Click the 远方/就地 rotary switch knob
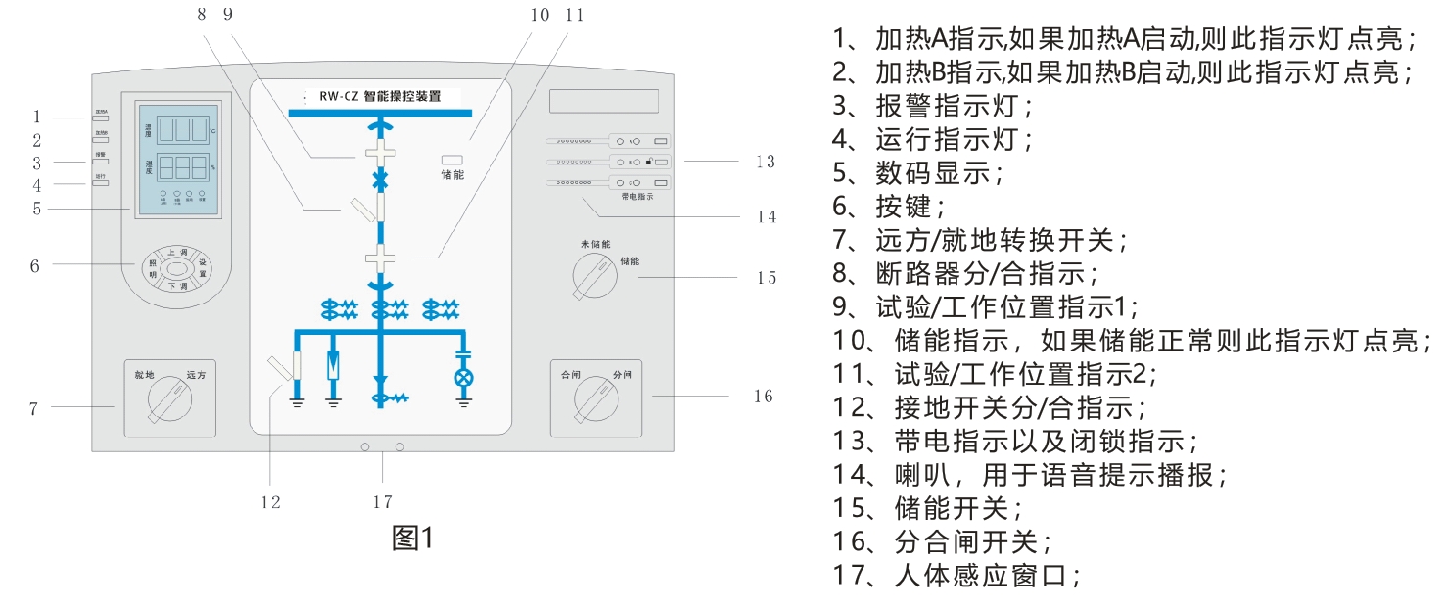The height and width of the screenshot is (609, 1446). pyautogui.click(x=168, y=401)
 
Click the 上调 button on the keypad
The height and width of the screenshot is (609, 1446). pyautogui.click(x=177, y=253)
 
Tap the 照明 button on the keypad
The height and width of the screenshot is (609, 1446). pyautogui.click(x=153, y=269)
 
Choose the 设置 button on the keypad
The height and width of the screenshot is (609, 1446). pyautogui.click(x=203, y=269)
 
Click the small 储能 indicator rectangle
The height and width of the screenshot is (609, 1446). pyautogui.click(x=451, y=160)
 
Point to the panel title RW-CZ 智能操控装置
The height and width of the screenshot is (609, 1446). pyautogui.click(x=380, y=97)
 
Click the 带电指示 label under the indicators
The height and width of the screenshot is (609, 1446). pyautogui.click(x=637, y=197)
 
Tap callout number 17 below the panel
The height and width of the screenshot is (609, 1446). pyautogui.click(x=382, y=502)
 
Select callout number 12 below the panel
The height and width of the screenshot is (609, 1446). pyautogui.click(x=270, y=502)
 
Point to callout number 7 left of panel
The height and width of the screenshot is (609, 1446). pyautogui.click(x=33, y=408)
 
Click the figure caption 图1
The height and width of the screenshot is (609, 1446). pyautogui.click(x=411, y=538)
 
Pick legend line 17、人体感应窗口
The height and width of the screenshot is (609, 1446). pyautogui.click(x=956, y=575)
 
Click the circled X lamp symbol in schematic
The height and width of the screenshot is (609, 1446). pyautogui.click(x=464, y=377)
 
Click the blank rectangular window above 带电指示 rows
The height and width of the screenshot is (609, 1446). pyautogui.click(x=603, y=101)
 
